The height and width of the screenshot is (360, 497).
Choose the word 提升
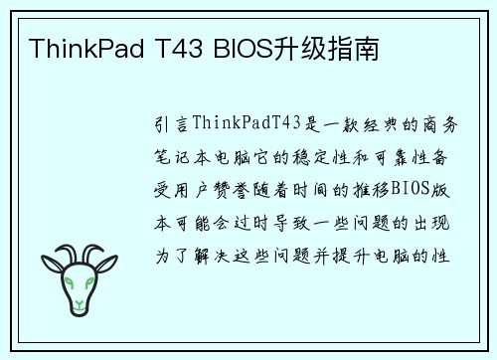(x=368, y=255)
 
